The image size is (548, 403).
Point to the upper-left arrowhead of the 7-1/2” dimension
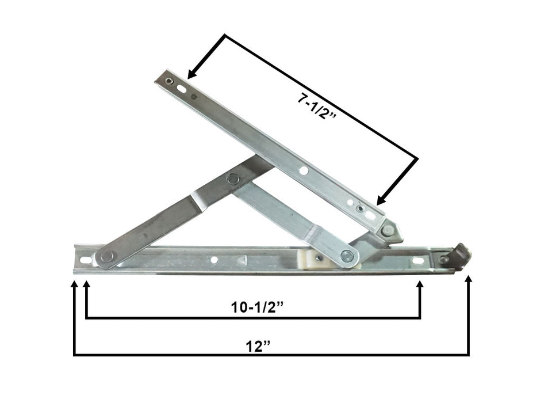(192, 74)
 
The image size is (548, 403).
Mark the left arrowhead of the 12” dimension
(74, 282)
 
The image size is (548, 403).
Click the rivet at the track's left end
(106, 256)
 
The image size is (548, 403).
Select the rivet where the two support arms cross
(233, 179)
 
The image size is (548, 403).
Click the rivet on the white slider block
(346, 256)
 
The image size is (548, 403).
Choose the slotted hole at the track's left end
(86, 260)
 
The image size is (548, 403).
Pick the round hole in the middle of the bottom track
(214, 260)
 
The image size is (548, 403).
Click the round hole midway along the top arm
(303, 170)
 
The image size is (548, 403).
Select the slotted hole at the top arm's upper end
(182, 89)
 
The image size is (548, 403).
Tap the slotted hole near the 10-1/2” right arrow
(418, 261)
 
